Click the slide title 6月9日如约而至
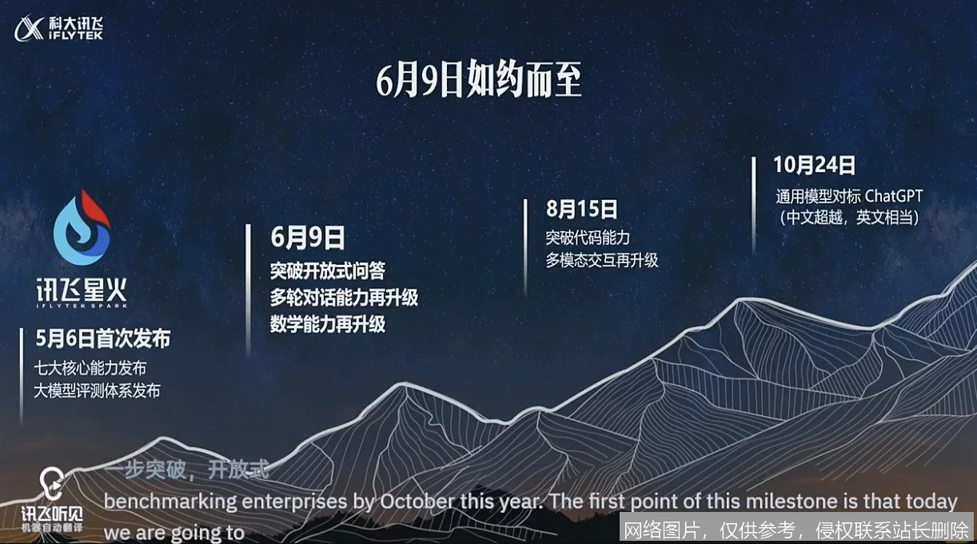pos(479,82)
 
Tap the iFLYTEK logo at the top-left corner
pos(58,29)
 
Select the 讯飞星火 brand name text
pos(81,290)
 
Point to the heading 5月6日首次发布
pos(103,339)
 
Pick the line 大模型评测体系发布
pos(98,390)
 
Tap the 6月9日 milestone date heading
pos(308,238)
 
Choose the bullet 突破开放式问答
pos(327,270)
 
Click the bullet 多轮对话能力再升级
pos(344,298)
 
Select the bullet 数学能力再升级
pos(327,324)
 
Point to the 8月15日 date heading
pos(582,210)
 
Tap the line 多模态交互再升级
pos(602,260)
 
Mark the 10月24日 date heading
pos(814,166)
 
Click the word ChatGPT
pos(894,196)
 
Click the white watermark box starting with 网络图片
pos(796,529)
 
